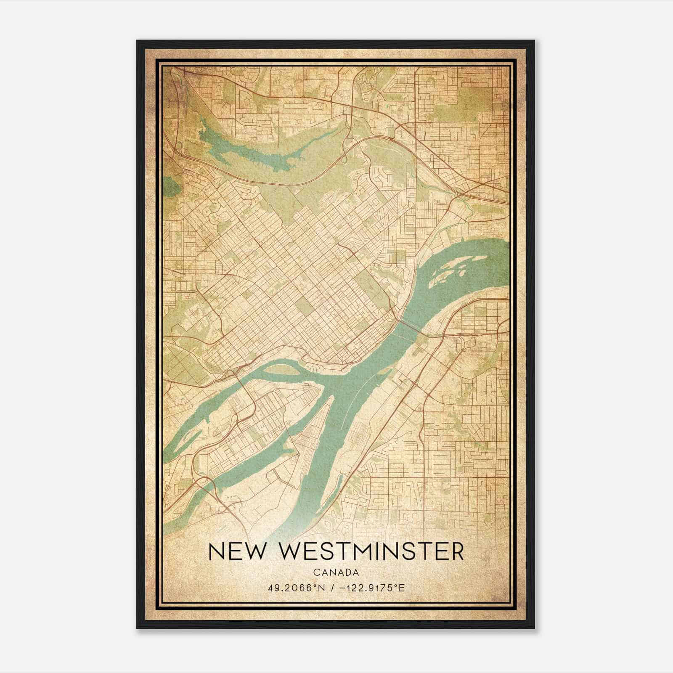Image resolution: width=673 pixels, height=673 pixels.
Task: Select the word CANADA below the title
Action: point(336,572)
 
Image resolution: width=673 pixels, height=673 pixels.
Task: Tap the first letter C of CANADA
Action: point(315,572)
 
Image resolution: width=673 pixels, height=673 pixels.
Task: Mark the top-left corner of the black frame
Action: point(137,41)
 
